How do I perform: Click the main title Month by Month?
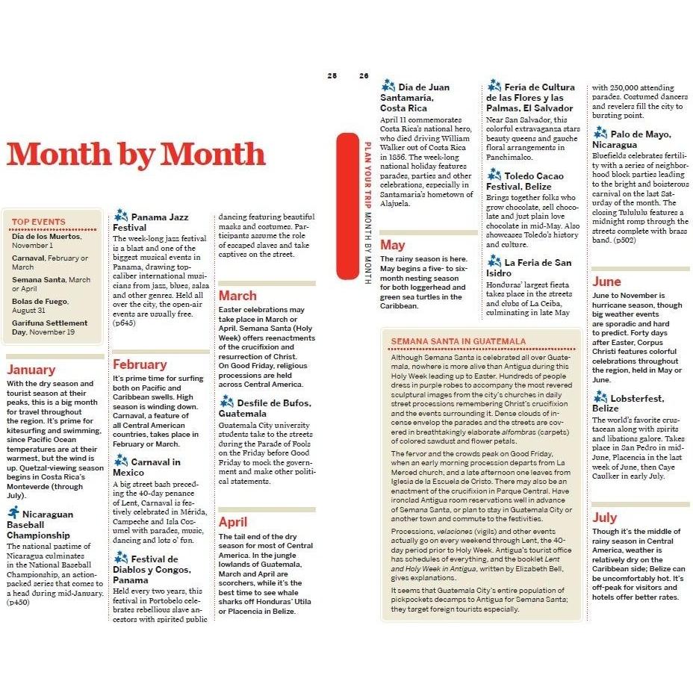coord(136,154)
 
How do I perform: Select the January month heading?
coord(31,370)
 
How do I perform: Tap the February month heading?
coord(139,364)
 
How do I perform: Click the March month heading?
coord(237,296)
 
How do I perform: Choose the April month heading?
coord(232,522)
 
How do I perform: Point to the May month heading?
coord(392,245)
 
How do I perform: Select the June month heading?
coord(606,282)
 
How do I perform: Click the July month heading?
coord(604,518)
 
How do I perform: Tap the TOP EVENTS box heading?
coord(39,222)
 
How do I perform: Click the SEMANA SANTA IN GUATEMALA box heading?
coord(459,341)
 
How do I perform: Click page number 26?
coord(364,75)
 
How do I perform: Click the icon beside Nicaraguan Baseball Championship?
coord(13,512)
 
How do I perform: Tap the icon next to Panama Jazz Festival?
coord(120,216)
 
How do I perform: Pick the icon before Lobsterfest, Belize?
coord(600,397)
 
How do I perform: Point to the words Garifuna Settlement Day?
coord(49,328)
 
